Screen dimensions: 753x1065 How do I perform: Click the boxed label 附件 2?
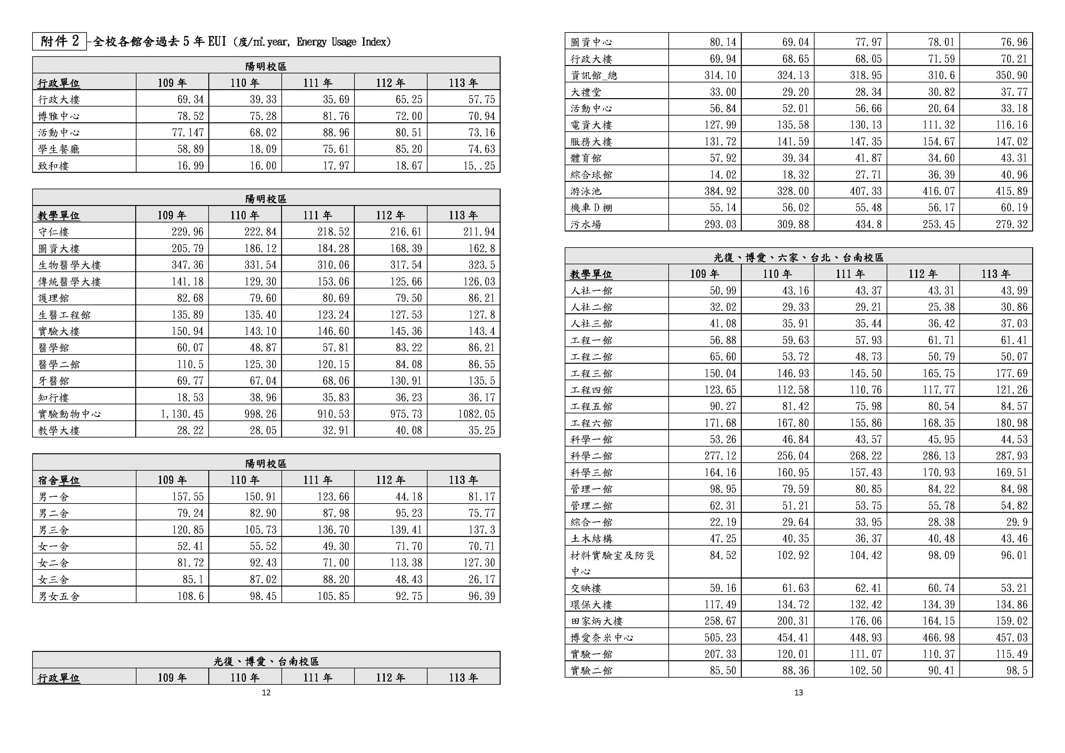click(x=59, y=41)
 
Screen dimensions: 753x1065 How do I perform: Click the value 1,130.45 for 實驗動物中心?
click(x=182, y=413)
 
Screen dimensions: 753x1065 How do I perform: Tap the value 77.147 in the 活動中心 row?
click(x=188, y=133)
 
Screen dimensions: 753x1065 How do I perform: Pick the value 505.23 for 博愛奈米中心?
click(x=720, y=638)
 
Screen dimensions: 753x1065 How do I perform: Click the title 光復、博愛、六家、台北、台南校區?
click(x=798, y=257)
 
